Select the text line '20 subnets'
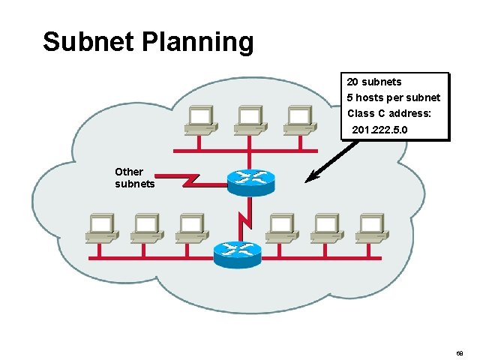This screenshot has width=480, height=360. [374, 82]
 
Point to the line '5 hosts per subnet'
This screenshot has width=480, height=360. [394, 98]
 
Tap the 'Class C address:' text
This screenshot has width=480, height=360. [389, 114]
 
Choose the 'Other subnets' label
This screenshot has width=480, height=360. [135, 178]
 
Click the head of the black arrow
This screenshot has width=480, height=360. [310, 180]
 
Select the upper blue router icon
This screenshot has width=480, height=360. [250, 180]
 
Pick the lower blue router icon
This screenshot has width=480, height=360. [237, 254]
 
